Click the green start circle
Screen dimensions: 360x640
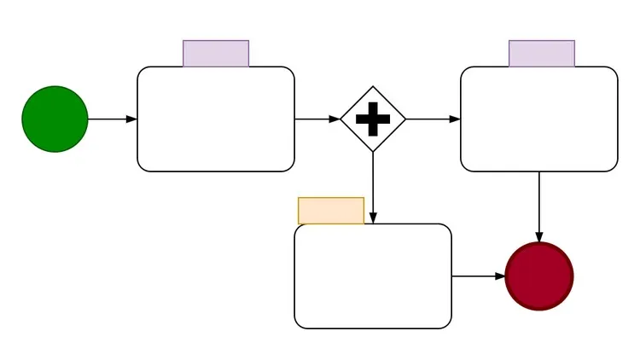(x=55, y=119)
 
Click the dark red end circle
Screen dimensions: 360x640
(x=539, y=276)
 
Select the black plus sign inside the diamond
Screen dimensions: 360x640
(x=373, y=119)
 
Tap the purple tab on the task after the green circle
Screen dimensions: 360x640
(x=216, y=53)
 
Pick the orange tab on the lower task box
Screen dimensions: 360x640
(x=331, y=211)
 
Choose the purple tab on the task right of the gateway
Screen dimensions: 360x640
(x=542, y=53)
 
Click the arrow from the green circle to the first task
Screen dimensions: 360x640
(x=111, y=119)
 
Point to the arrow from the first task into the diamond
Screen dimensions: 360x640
(x=316, y=119)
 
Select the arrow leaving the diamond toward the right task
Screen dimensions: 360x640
(x=433, y=119)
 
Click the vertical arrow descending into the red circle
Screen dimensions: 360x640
(x=539, y=205)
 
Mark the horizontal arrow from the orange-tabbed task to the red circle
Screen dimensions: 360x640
(x=476, y=276)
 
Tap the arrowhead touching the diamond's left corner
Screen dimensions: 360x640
(x=335, y=119)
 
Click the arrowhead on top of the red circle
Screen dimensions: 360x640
(x=539, y=236)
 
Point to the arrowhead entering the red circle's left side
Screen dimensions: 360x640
(x=500, y=276)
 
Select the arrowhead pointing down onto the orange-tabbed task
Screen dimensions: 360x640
(x=373, y=218)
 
